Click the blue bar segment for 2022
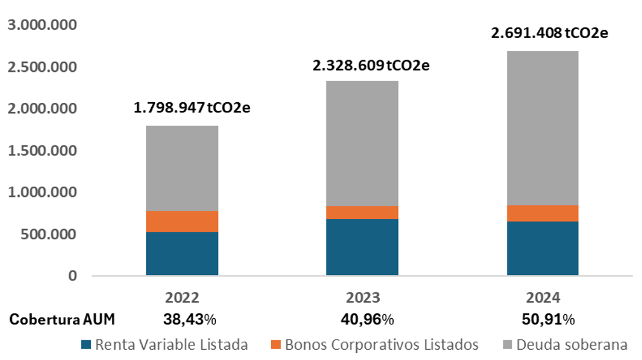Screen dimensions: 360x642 click(182, 253)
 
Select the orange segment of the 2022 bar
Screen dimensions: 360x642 click(182, 221)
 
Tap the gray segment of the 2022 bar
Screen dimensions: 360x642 click(182, 168)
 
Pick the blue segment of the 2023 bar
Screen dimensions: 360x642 click(362, 247)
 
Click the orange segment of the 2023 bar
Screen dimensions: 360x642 click(362, 212)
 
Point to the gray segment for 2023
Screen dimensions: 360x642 click(362, 143)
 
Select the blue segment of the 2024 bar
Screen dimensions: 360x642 click(542, 248)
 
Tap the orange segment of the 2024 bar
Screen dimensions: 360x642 click(542, 213)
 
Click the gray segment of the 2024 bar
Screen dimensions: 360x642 click(542, 128)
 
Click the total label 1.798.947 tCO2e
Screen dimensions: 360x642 click(191, 107)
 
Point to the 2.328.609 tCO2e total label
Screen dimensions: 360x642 click(371, 65)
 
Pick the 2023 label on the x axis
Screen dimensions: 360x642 click(363, 298)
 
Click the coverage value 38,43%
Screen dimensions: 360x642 click(182, 319)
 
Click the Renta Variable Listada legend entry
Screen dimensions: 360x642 click(164, 345)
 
